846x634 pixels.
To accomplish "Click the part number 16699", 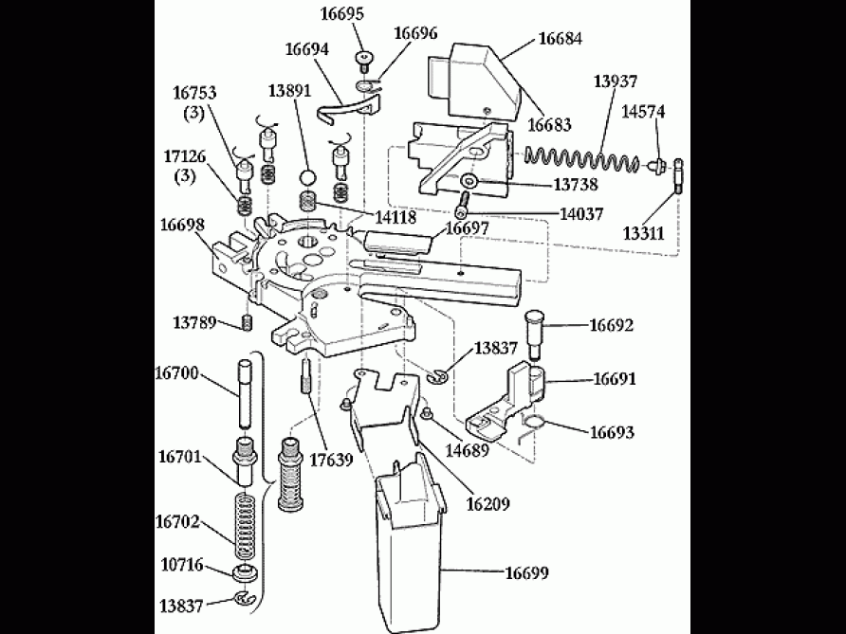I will pyautogui.click(x=526, y=572).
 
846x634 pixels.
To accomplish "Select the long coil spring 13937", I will pyautogui.click(x=584, y=158).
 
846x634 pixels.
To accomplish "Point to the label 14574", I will pyautogui.click(x=643, y=112).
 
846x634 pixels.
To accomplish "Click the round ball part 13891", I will pyautogui.click(x=306, y=177).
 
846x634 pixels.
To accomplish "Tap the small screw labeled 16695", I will pyautogui.click(x=363, y=62).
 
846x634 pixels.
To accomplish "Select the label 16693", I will pyautogui.click(x=613, y=432).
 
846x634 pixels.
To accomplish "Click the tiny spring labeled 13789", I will pyautogui.click(x=246, y=323).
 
